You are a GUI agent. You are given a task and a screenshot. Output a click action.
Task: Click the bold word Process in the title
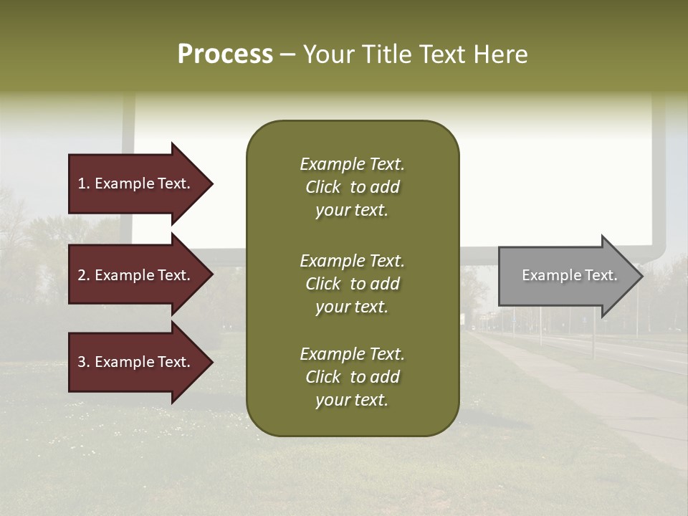click(225, 54)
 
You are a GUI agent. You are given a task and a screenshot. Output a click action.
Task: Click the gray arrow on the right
click(566, 276)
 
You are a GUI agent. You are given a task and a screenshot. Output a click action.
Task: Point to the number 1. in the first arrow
click(84, 183)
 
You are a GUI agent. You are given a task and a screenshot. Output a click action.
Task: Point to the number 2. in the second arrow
click(84, 275)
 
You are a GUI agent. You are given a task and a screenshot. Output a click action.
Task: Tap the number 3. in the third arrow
click(84, 362)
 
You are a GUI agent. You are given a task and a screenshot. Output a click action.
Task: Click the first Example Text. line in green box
click(352, 164)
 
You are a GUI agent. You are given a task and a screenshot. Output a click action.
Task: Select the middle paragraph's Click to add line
click(352, 284)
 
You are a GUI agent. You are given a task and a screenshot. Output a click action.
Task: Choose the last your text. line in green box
click(352, 400)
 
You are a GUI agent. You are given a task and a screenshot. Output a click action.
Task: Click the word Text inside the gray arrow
click(601, 275)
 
